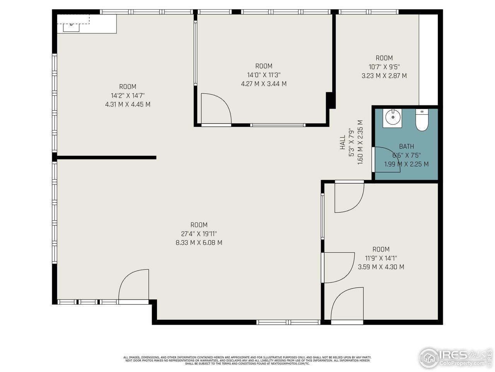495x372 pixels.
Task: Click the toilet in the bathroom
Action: [x=422, y=121]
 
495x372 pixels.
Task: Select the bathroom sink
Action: [x=393, y=118]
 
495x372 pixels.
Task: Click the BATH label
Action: [x=406, y=146]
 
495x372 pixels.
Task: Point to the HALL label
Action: [x=343, y=143]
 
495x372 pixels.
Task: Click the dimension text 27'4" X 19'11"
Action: [x=199, y=234]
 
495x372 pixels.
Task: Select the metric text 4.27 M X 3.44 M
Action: [x=264, y=84]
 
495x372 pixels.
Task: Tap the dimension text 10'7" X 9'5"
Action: [x=384, y=67]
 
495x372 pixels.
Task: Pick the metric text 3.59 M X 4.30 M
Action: [x=381, y=267]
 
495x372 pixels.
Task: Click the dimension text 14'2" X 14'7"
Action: [x=128, y=95]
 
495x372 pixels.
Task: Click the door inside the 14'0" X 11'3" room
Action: [x=216, y=109]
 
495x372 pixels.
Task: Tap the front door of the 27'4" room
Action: [x=134, y=285]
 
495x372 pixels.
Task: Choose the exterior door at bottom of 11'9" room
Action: [x=347, y=305]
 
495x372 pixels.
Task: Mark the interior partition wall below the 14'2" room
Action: [x=106, y=157]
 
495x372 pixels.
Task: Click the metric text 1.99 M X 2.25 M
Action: [x=406, y=164]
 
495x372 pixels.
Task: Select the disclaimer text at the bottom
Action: [x=247, y=360]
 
